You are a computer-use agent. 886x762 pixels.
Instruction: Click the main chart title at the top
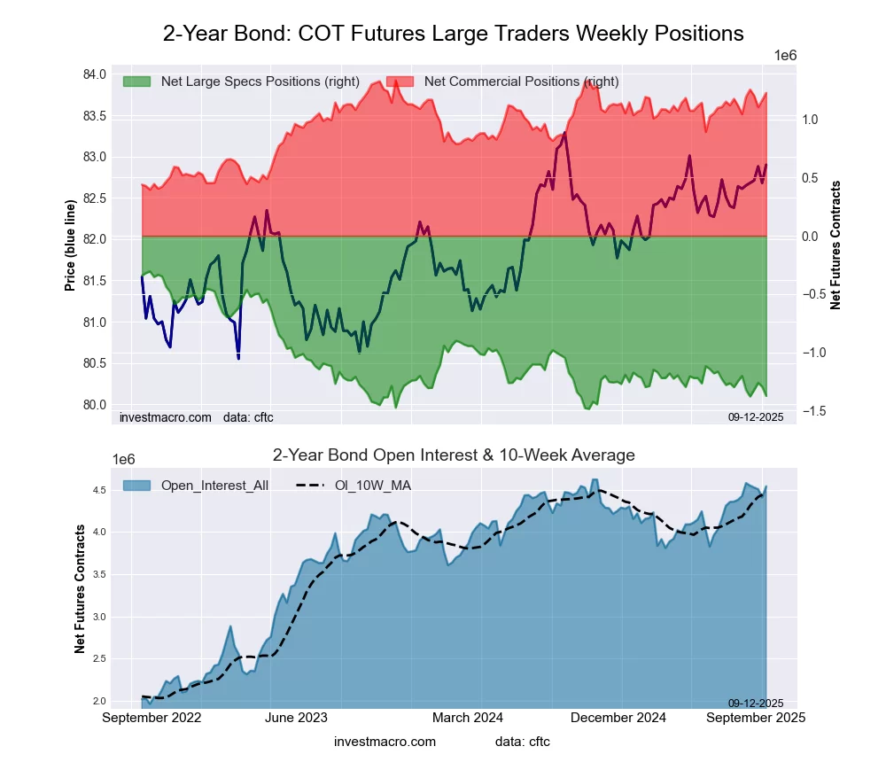[453, 34]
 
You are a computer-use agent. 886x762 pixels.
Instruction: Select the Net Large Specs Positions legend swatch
[137, 82]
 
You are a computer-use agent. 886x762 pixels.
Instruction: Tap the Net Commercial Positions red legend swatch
[400, 82]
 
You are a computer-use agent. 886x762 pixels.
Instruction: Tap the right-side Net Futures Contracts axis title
[835, 245]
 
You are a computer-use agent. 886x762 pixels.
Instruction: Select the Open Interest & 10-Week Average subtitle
[453, 455]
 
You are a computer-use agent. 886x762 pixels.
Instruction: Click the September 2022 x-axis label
[152, 718]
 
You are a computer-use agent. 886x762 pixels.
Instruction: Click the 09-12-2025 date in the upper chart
[756, 416]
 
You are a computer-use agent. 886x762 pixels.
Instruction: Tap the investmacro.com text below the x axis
[385, 742]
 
